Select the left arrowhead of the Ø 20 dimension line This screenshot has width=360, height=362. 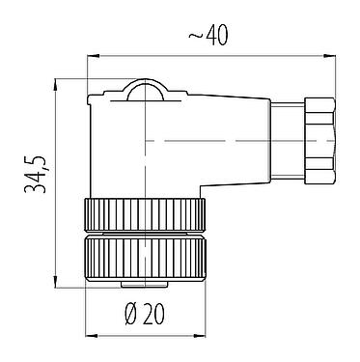click(91, 333)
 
